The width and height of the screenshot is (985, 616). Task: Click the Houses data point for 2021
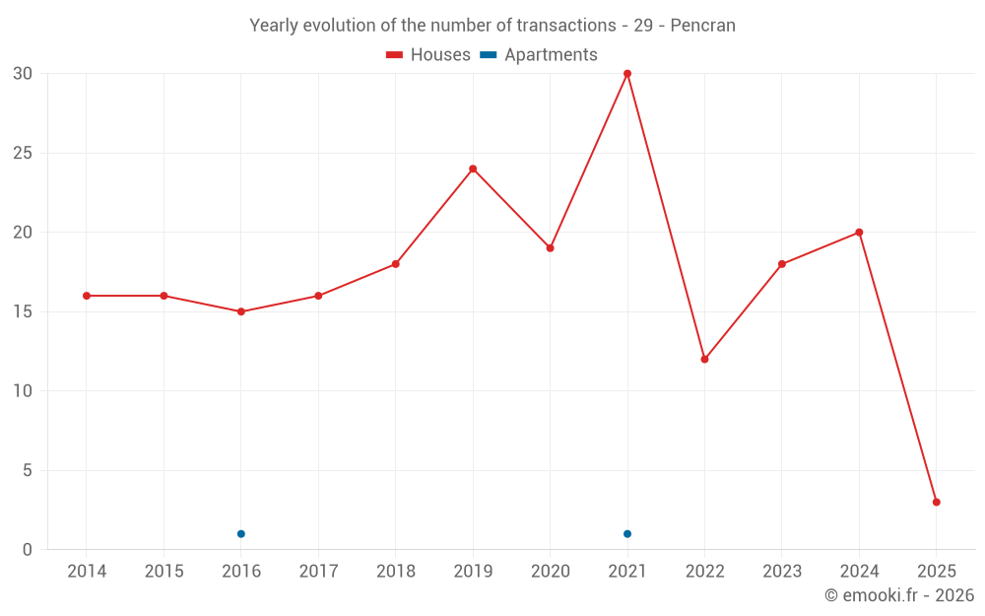(x=627, y=74)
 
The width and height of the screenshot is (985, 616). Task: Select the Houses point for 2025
(x=937, y=502)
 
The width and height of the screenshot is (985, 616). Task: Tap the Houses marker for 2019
(x=473, y=169)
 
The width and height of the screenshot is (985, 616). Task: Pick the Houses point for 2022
(x=704, y=359)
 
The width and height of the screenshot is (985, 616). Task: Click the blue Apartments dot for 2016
(x=241, y=534)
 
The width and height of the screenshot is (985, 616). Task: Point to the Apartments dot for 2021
(x=627, y=534)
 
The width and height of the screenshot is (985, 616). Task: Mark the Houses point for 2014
(x=87, y=296)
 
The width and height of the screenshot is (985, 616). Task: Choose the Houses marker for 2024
(x=859, y=233)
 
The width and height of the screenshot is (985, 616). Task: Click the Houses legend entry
(x=428, y=55)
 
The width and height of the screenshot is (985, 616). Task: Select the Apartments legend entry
(x=539, y=55)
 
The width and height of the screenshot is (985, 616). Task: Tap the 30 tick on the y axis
(x=23, y=74)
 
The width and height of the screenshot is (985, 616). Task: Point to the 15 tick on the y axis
(x=23, y=311)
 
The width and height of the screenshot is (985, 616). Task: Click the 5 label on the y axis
(x=28, y=470)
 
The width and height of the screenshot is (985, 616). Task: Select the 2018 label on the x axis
(x=396, y=572)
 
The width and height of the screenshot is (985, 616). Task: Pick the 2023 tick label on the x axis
(x=782, y=572)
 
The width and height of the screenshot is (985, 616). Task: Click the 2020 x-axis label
(x=551, y=572)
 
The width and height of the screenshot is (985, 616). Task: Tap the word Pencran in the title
(x=702, y=26)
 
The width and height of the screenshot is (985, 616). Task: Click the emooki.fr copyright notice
(x=898, y=595)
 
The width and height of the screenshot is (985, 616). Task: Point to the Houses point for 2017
(x=318, y=296)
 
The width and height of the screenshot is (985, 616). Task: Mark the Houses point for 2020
(x=550, y=248)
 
